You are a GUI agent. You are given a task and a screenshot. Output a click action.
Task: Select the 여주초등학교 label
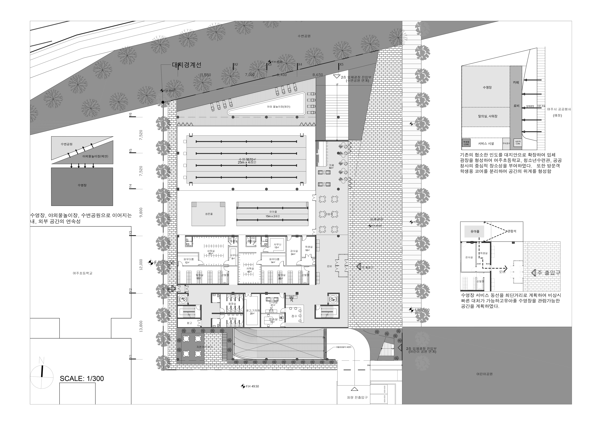tap(83, 273)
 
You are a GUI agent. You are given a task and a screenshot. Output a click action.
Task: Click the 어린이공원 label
tap(484, 374)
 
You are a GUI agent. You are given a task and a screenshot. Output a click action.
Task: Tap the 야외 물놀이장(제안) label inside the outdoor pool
tap(278, 107)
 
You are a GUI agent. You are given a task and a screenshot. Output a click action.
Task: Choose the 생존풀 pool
tap(208, 214)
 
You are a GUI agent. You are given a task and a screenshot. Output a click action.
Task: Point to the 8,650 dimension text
tap(318, 75)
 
